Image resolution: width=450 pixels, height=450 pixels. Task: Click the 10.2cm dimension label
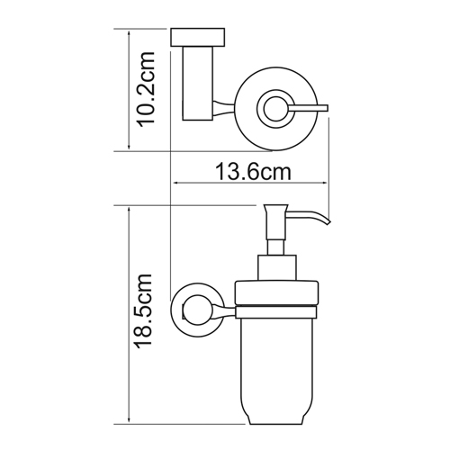click(x=146, y=90)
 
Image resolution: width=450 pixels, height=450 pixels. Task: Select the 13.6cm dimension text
click(x=253, y=172)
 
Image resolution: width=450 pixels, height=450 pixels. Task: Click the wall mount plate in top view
click(x=197, y=38)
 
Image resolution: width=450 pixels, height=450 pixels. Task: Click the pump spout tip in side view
click(x=329, y=222)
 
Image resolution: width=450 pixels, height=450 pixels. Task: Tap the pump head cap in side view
click(x=275, y=211)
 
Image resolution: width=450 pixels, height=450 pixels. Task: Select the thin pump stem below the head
click(x=275, y=247)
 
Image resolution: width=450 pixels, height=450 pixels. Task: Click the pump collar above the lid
click(x=277, y=268)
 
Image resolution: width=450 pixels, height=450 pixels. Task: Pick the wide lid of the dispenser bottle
click(x=276, y=293)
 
